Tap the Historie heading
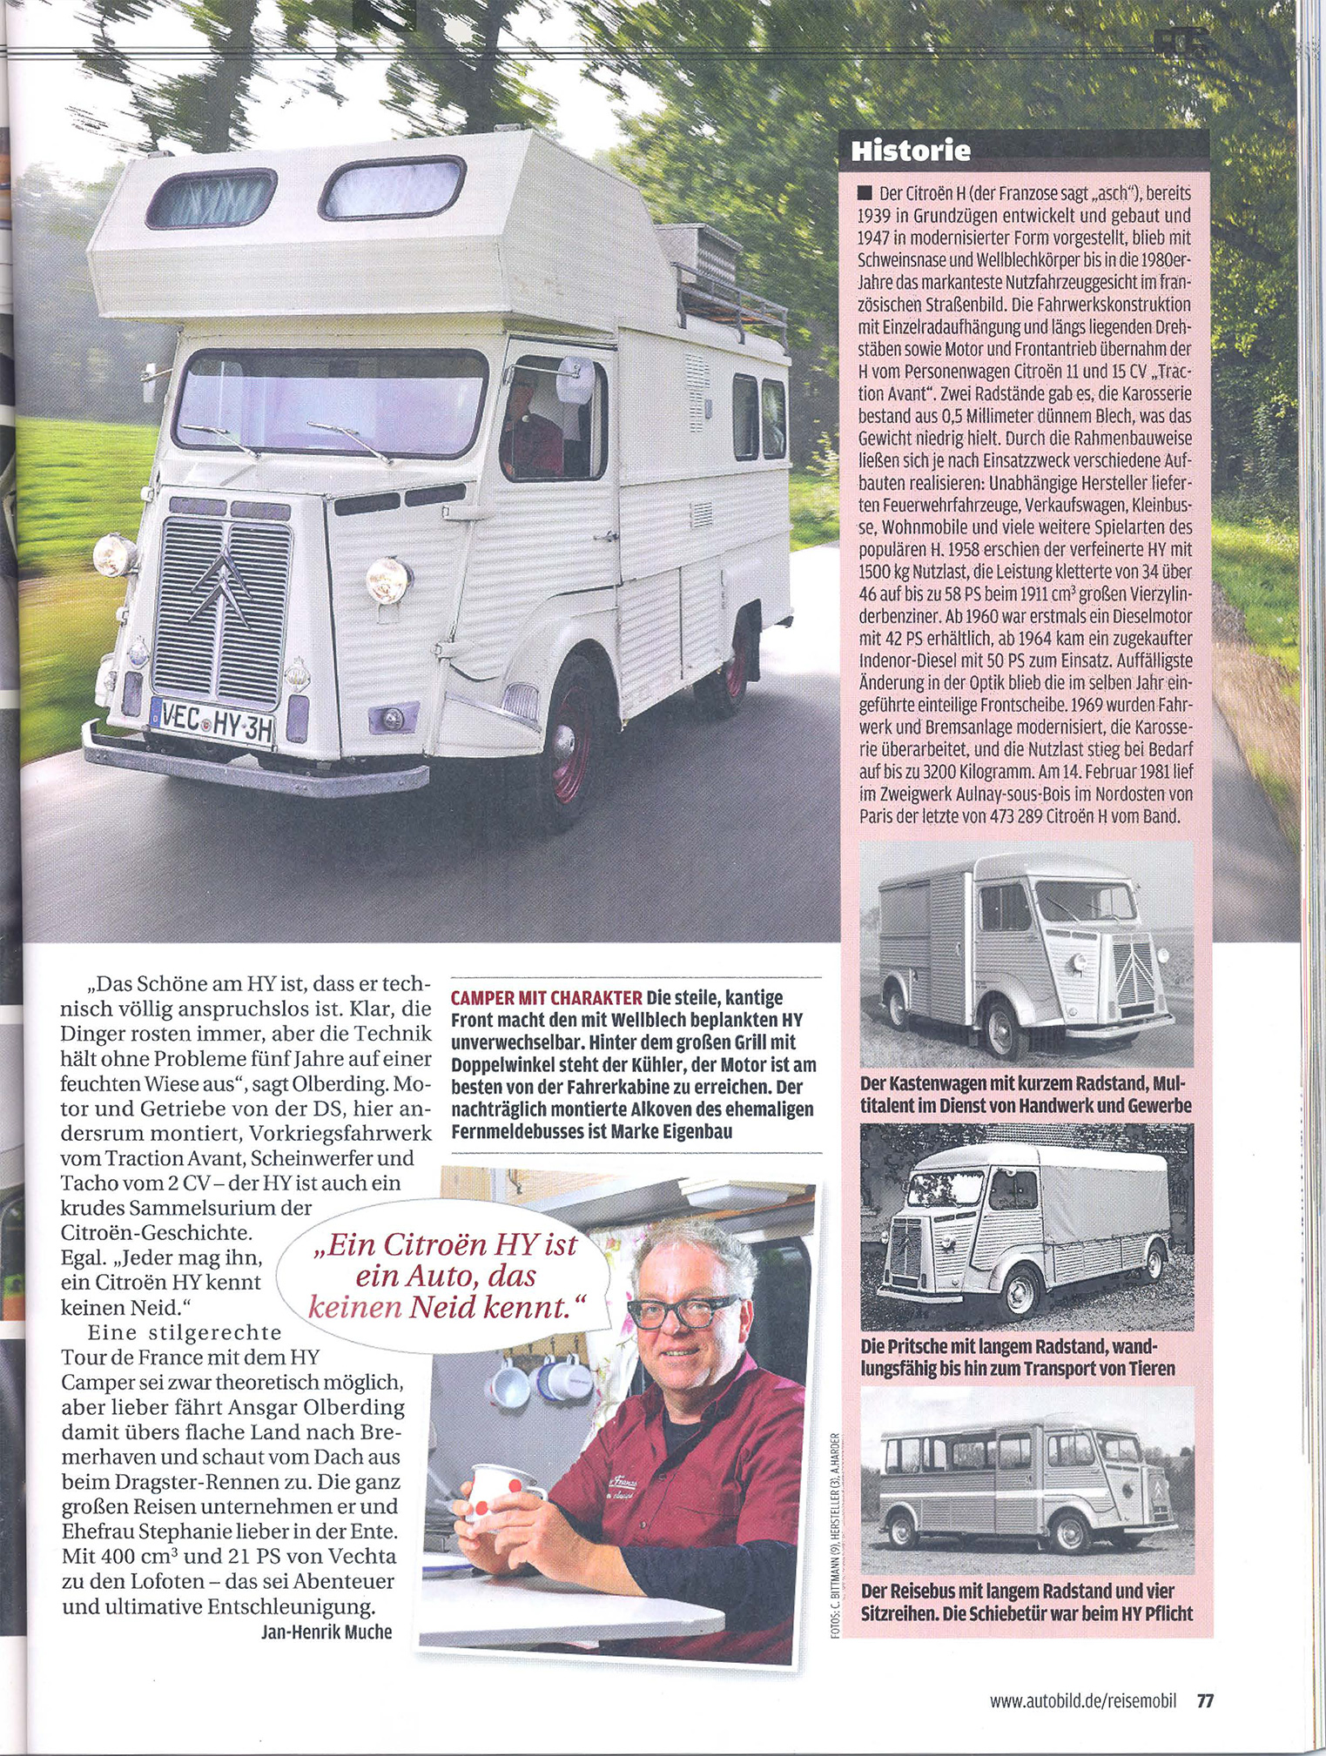(x=910, y=151)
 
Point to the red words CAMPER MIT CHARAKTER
(x=546, y=997)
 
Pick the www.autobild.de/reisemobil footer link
(x=1082, y=1700)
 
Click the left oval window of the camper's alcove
(x=212, y=198)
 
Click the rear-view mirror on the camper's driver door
(x=575, y=380)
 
